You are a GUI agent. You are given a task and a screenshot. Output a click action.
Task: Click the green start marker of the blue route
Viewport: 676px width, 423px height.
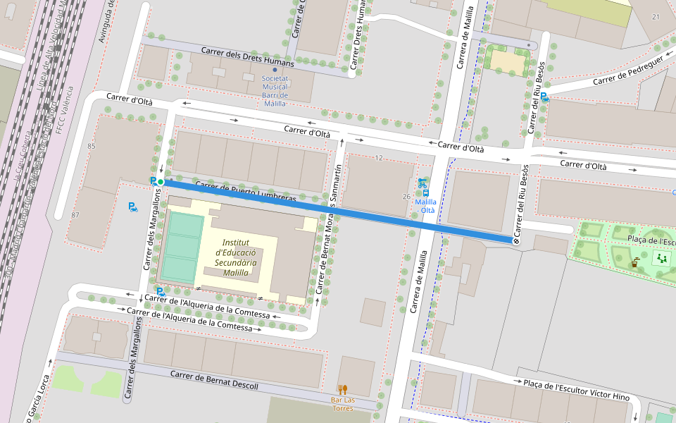(161, 182)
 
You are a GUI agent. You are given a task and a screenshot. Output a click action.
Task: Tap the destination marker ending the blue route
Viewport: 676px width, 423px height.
(516, 241)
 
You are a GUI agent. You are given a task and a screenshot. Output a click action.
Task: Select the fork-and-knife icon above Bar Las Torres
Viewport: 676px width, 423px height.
(343, 389)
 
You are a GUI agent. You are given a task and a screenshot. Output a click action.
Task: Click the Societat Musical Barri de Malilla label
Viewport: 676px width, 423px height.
(275, 91)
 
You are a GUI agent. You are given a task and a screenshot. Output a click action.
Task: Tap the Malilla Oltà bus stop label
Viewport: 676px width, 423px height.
(427, 206)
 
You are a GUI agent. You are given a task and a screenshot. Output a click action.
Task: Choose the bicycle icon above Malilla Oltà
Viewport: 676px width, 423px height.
(423, 183)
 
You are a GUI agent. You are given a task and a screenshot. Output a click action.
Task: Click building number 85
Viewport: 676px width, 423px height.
(92, 146)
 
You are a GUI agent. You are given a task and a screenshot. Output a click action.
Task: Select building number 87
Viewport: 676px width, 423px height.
(75, 214)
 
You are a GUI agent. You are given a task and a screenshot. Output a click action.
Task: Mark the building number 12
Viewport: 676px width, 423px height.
(379, 158)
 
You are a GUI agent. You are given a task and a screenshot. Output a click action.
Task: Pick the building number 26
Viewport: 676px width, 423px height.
(406, 196)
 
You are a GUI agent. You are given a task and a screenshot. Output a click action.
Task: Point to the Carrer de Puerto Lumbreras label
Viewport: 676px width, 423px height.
(245, 192)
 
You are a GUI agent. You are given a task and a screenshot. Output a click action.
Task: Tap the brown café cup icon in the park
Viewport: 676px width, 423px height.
(635, 264)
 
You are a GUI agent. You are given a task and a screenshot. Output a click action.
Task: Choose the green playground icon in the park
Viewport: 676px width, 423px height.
(661, 258)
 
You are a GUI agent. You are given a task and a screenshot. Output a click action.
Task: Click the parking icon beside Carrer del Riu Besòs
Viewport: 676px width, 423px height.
(544, 97)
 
